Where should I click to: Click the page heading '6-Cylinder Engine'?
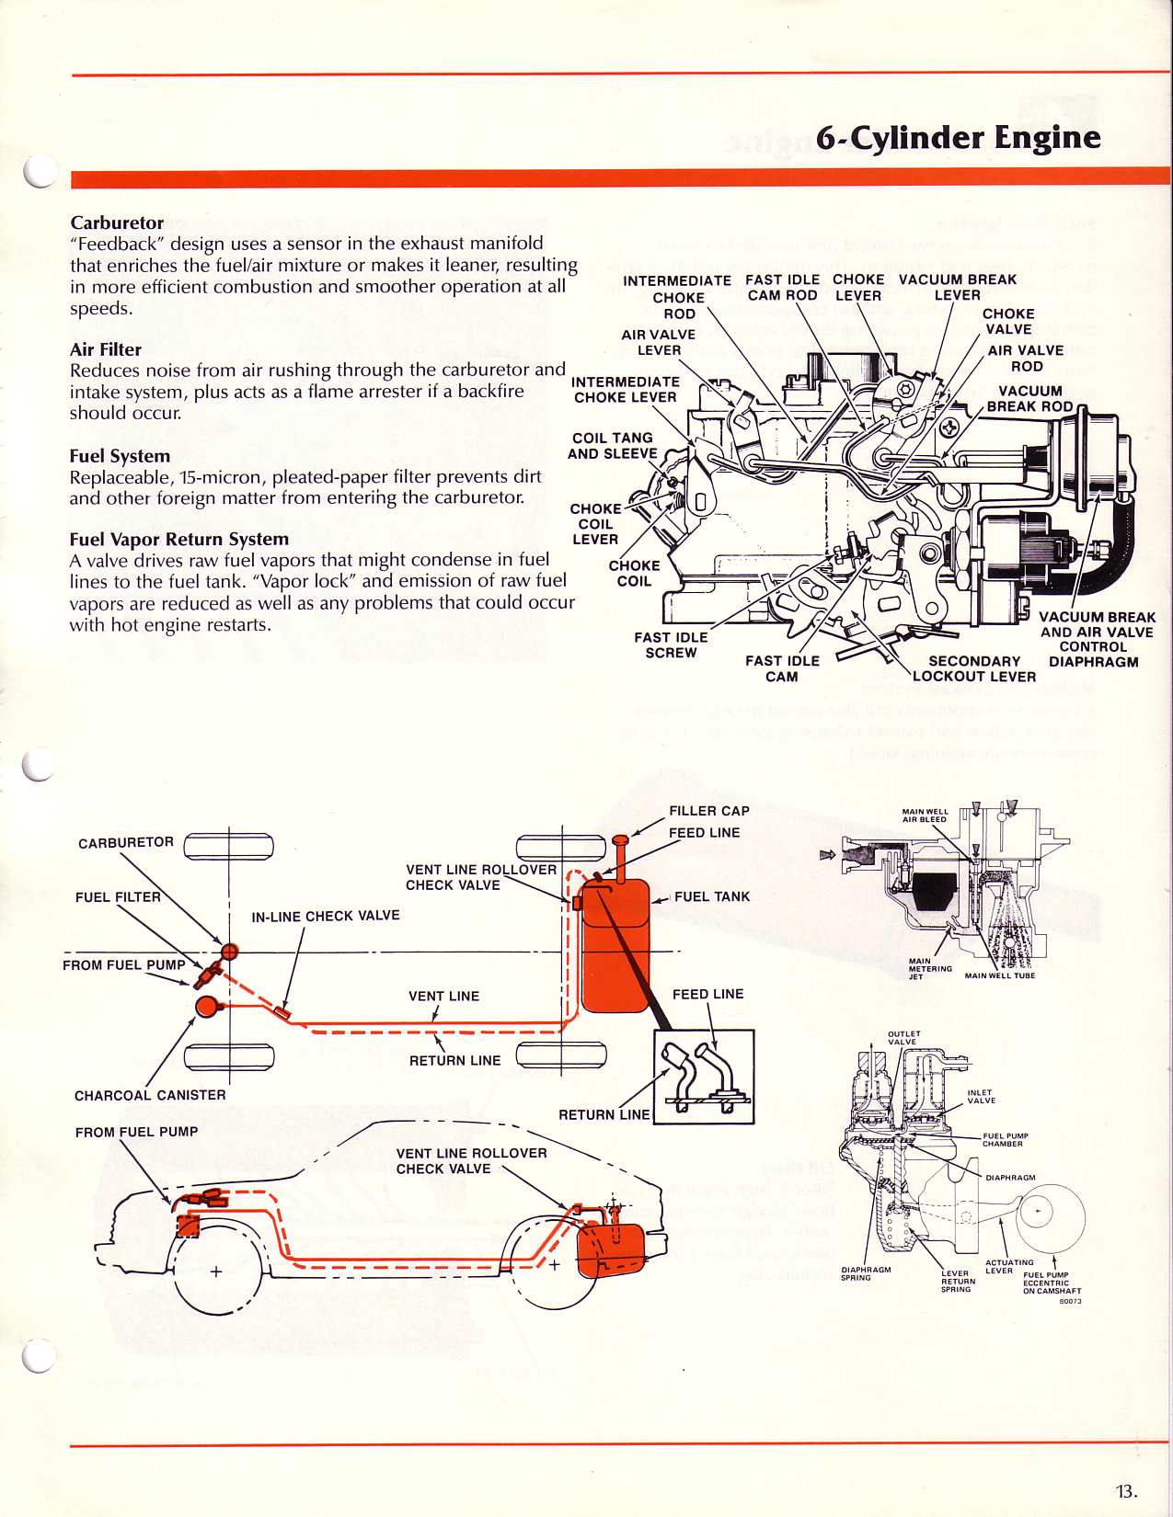click(958, 138)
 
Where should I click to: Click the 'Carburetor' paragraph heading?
click(117, 222)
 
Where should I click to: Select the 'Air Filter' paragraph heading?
click(106, 349)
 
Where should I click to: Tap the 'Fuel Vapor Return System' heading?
click(179, 539)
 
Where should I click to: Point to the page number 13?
click(1126, 1491)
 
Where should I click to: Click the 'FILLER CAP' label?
click(708, 811)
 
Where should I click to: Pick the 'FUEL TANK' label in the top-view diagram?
click(711, 896)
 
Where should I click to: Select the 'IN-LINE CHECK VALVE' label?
click(326, 916)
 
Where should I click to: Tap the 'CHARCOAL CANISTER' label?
click(150, 1095)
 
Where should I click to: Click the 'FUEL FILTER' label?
click(118, 897)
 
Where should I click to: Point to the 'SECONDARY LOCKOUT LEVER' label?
click(974, 668)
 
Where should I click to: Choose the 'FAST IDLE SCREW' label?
click(671, 644)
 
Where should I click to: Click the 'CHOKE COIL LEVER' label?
click(595, 524)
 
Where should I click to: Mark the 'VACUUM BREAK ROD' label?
click(1029, 398)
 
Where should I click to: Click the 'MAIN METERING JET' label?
click(930, 969)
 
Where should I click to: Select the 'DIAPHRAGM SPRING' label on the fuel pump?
click(866, 1273)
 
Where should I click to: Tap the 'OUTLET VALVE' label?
click(903, 1038)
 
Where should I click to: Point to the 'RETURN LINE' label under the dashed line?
click(454, 1060)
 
